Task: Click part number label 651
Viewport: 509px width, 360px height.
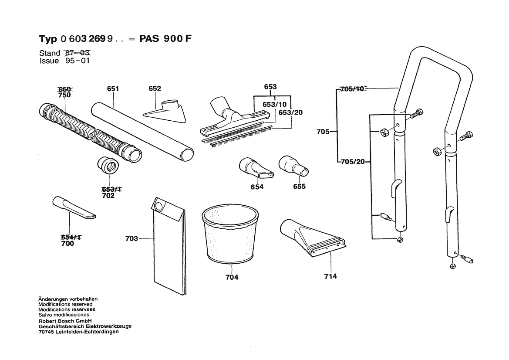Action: pos(113,88)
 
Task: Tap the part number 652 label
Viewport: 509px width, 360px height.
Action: pos(155,88)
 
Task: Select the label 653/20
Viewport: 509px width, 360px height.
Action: pos(290,112)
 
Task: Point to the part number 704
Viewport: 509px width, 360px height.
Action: pos(232,277)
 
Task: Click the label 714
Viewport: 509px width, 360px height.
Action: pos(330,276)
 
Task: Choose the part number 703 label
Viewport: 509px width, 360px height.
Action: pos(131,238)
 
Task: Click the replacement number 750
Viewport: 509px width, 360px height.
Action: pos(64,95)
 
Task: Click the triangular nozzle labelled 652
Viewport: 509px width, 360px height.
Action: pos(165,112)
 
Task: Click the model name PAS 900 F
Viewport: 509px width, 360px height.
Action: pos(165,38)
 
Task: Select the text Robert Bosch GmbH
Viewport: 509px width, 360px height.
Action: pos(63,320)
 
